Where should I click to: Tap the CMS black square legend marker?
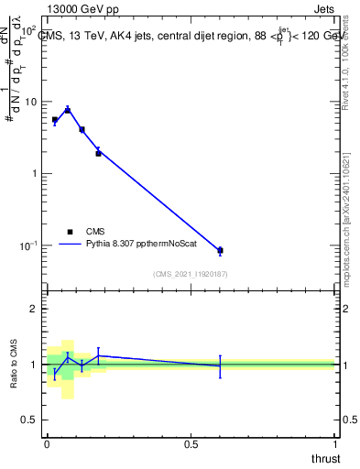point(70,232)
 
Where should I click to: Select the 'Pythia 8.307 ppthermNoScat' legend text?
point(145,245)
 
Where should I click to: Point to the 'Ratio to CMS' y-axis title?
point(14,364)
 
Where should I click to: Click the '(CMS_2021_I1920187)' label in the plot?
point(191,274)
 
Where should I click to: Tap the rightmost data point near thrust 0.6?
point(220,250)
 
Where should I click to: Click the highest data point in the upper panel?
point(67,110)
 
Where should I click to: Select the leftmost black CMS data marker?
point(55,120)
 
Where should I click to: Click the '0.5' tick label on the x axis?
point(191,444)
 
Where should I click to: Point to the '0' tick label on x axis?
point(47,444)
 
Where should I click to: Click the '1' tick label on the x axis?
point(335,444)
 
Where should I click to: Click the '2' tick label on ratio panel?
point(34,310)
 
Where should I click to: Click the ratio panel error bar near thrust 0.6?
point(220,365)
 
